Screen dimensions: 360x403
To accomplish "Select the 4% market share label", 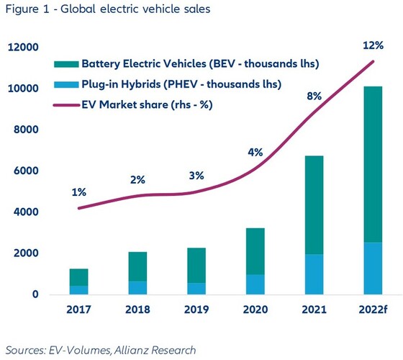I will pyautogui.click(x=255, y=153).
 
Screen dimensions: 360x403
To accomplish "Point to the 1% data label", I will pyautogui.click(x=79, y=192).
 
